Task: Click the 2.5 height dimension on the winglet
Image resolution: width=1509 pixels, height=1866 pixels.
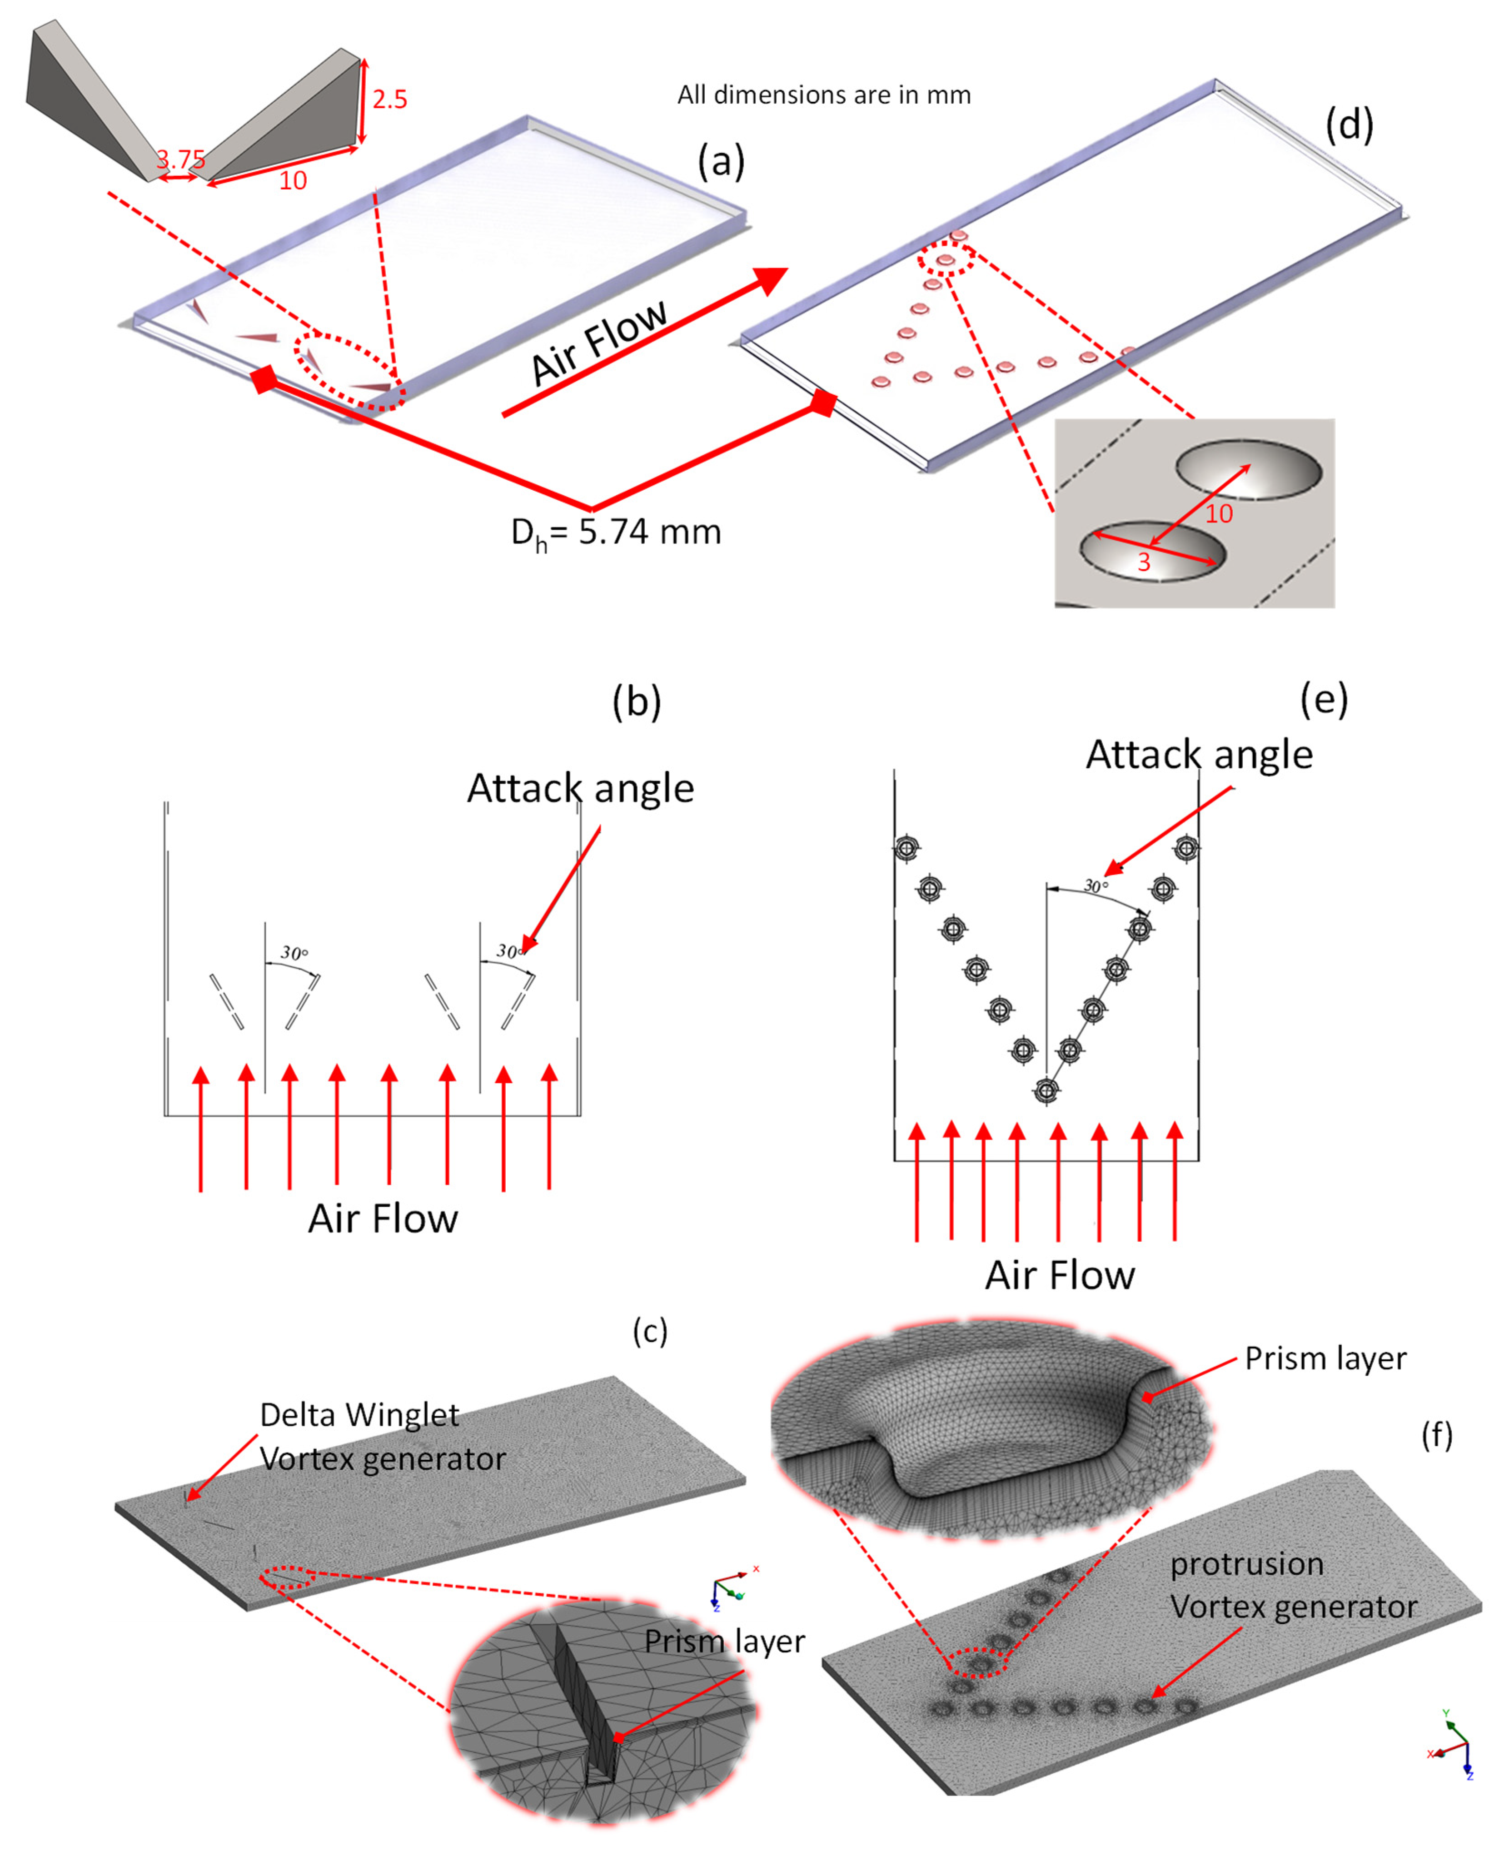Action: (x=389, y=99)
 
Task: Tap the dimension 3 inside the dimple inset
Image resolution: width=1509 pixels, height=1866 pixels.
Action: (x=1144, y=562)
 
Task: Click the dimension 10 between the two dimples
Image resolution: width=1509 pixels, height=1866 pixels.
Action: (x=1219, y=514)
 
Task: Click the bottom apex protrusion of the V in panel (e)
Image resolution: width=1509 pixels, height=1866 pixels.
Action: (x=1046, y=1090)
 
